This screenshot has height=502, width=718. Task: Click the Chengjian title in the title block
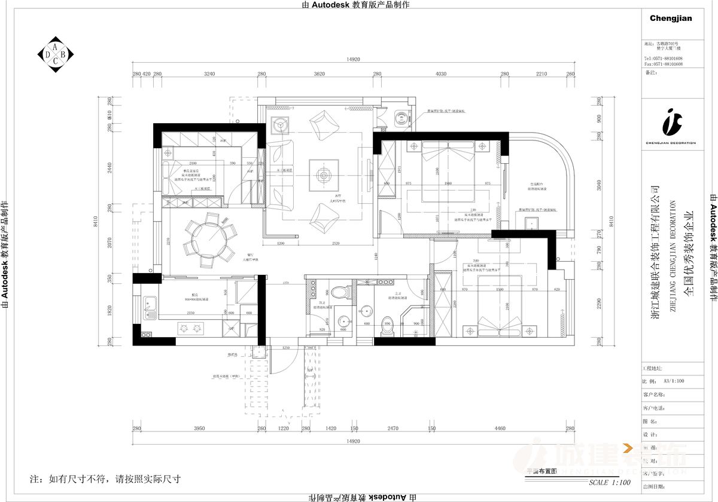pos(670,19)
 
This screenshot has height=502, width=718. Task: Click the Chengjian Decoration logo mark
pos(670,123)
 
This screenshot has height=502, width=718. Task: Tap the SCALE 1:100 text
pos(609,482)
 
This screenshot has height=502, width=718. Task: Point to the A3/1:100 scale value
pos(673,381)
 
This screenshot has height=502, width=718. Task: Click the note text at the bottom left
pos(105,479)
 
